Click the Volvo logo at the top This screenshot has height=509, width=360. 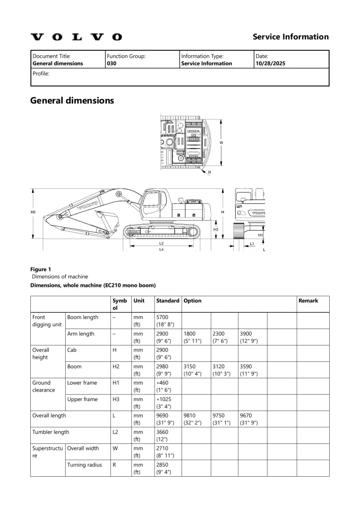76,37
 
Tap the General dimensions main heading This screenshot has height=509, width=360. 72,100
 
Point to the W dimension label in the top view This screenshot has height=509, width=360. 221,143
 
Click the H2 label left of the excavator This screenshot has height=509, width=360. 33,212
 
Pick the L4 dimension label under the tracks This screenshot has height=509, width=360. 162,250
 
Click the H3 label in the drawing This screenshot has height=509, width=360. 216,230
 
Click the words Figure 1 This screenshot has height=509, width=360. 41,269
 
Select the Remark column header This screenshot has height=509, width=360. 308,301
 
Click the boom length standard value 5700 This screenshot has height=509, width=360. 163,317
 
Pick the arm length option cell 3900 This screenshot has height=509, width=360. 247,334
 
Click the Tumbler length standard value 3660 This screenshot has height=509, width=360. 163,432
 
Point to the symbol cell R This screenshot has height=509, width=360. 115,465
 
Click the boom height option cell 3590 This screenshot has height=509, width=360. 247,366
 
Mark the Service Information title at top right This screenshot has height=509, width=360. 290,37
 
